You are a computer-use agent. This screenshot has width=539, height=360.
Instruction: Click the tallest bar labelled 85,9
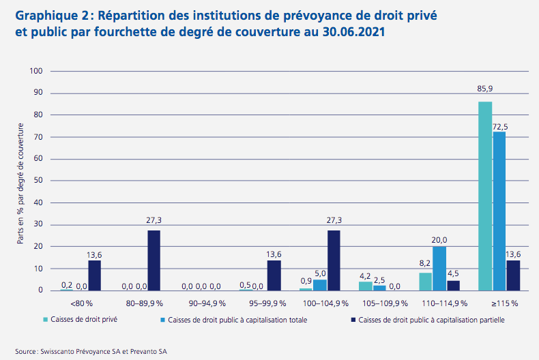(485, 196)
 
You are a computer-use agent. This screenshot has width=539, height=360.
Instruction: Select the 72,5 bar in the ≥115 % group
(499, 211)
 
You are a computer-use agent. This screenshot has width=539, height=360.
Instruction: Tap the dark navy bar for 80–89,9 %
(154, 260)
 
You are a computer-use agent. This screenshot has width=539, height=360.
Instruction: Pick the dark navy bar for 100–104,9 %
(334, 260)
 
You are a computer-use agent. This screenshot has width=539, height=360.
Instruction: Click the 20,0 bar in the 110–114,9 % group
(439, 269)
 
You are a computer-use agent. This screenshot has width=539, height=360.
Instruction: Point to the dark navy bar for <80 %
(94, 275)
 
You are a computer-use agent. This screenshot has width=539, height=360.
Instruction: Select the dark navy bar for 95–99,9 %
(274, 275)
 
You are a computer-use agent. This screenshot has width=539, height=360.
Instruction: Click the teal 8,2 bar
(425, 282)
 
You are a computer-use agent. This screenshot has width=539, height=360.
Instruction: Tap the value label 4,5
(454, 275)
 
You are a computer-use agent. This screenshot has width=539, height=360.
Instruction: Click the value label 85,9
(485, 89)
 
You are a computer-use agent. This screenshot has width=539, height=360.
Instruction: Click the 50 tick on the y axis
(39, 181)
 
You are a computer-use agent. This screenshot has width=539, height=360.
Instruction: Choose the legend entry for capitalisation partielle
(430, 319)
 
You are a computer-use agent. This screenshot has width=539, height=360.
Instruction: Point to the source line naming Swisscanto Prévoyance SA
(89, 351)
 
